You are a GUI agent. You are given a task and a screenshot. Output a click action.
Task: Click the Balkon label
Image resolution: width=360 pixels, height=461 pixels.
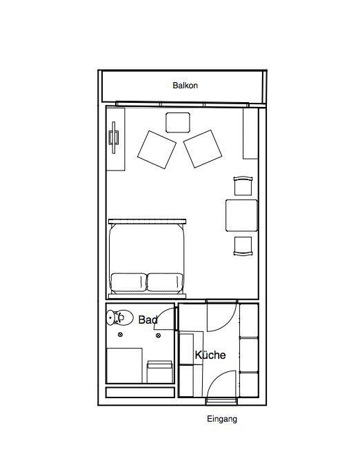coord(185,86)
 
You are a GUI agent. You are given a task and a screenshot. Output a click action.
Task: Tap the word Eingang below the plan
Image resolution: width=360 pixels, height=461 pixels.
coord(222,419)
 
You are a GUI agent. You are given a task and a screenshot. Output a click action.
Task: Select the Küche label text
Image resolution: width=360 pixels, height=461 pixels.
coord(210,355)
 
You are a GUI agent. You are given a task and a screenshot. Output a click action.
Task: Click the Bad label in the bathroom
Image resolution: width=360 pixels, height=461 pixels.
coord(148,320)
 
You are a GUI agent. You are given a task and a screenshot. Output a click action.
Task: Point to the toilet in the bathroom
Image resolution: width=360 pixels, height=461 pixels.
coord(119,317)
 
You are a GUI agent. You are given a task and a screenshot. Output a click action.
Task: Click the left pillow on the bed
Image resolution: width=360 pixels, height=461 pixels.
coord(129,282)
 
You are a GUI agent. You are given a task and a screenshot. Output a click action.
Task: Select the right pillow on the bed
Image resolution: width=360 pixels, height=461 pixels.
coord(165,282)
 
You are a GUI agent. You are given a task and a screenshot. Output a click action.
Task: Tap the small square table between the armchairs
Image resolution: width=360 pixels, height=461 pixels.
coord(178,123)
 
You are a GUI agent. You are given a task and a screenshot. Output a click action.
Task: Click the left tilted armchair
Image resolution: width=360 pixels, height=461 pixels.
coord(157,150)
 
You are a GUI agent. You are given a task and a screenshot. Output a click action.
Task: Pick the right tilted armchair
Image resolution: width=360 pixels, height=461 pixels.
coord(203,149)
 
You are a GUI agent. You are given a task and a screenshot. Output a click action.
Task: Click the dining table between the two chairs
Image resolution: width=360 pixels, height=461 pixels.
coord(242,215)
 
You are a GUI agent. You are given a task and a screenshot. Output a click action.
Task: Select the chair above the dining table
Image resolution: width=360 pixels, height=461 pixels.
coord(243,186)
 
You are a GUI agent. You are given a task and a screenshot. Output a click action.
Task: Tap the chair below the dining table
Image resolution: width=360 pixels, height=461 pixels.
coord(243,246)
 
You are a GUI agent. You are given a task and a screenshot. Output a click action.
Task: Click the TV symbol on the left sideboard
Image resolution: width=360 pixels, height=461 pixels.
coord(114,137)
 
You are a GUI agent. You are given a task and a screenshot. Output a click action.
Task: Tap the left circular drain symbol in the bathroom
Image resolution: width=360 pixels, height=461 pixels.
coord(120,335)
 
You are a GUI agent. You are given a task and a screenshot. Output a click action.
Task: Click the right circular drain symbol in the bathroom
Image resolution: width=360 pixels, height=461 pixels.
coord(158,335)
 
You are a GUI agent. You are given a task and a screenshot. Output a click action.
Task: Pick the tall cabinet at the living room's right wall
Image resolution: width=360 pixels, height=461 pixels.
coord(250,133)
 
